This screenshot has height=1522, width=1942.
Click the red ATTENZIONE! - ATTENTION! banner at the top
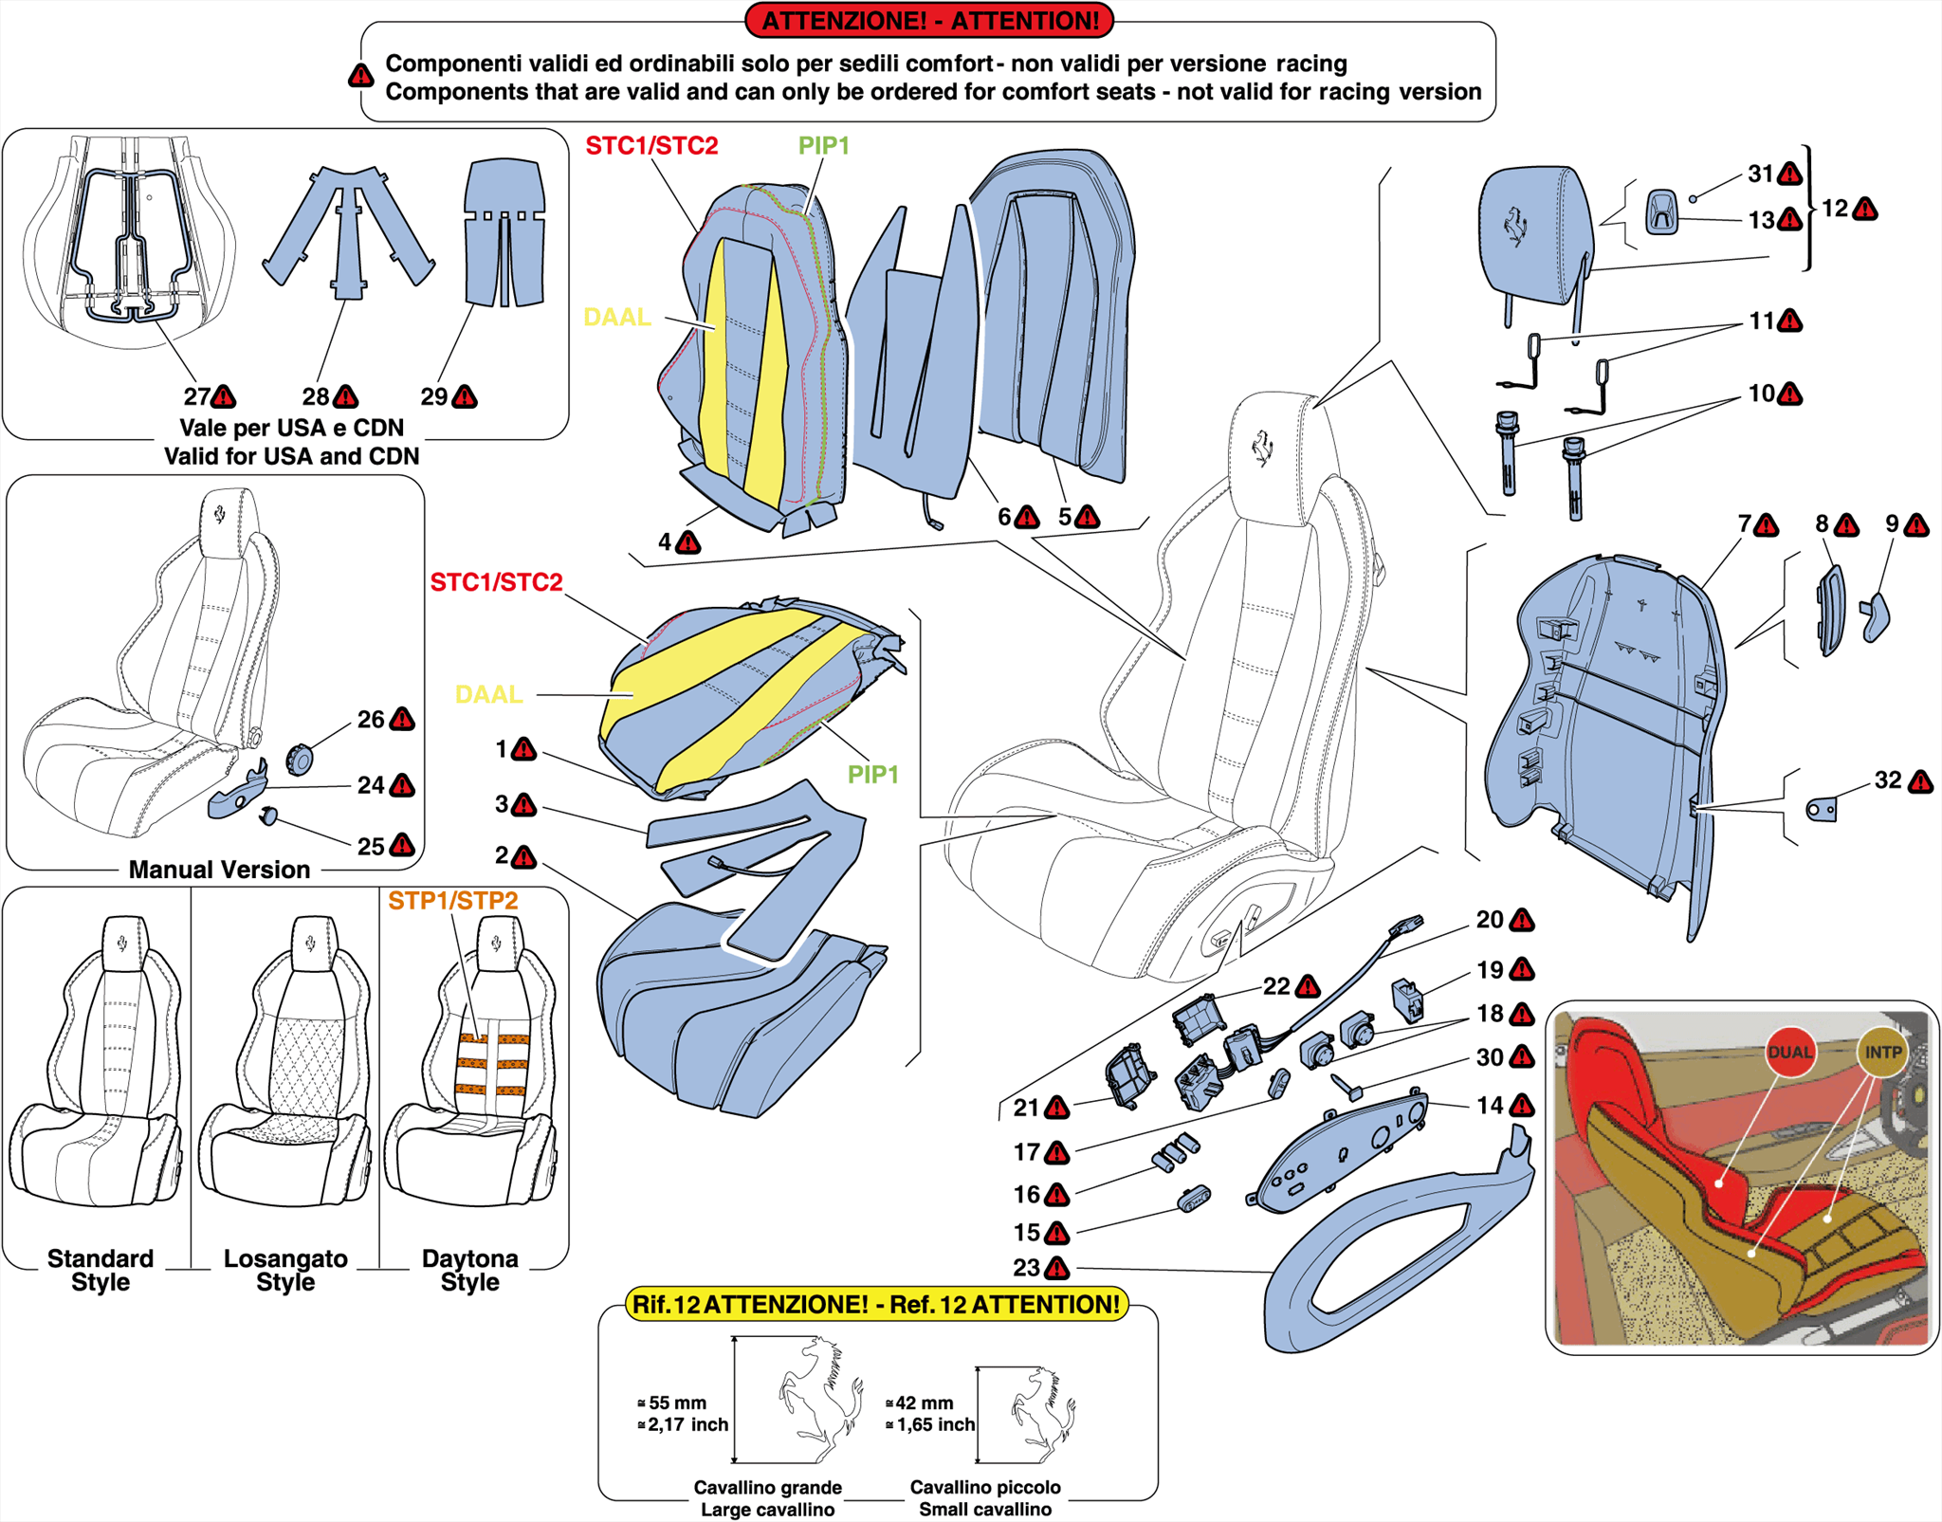click(928, 20)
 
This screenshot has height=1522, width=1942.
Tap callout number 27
click(196, 396)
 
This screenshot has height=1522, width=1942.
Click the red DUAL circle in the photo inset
click(1789, 1052)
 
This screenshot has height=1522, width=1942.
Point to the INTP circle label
click(1882, 1052)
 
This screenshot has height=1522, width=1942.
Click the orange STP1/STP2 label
click(452, 901)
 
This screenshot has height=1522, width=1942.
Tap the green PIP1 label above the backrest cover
click(823, 145)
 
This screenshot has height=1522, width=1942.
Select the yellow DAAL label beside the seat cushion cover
click(488, 694)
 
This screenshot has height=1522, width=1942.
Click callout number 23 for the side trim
click(1026, 1268)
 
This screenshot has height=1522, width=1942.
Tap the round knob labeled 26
click(300, 759)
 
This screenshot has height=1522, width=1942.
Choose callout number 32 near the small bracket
click(1887, 779)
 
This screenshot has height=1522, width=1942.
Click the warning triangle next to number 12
click(1864, 209)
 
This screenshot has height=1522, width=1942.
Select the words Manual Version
click(219, 870)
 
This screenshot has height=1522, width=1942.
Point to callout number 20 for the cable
click(1489, 919)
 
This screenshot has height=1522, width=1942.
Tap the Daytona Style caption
click(470, 1269)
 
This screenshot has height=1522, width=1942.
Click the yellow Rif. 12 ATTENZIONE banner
click(876, 1304)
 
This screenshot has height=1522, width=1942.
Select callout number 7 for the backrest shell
click(1743, 523)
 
